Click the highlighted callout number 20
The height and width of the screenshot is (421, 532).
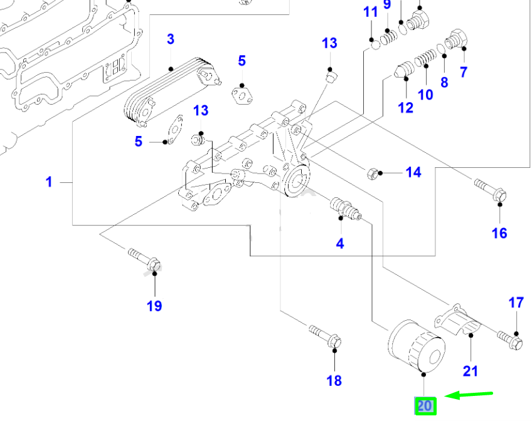point(425,406)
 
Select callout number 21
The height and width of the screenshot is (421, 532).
point(470,371)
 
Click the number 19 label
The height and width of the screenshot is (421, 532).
point(154,306)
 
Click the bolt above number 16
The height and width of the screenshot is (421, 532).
point(490,190)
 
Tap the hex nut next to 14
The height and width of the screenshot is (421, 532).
point(374,172)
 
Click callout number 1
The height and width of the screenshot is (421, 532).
point(48,182)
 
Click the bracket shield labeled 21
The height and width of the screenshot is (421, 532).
point(461,320)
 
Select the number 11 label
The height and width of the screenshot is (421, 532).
point(371,12)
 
